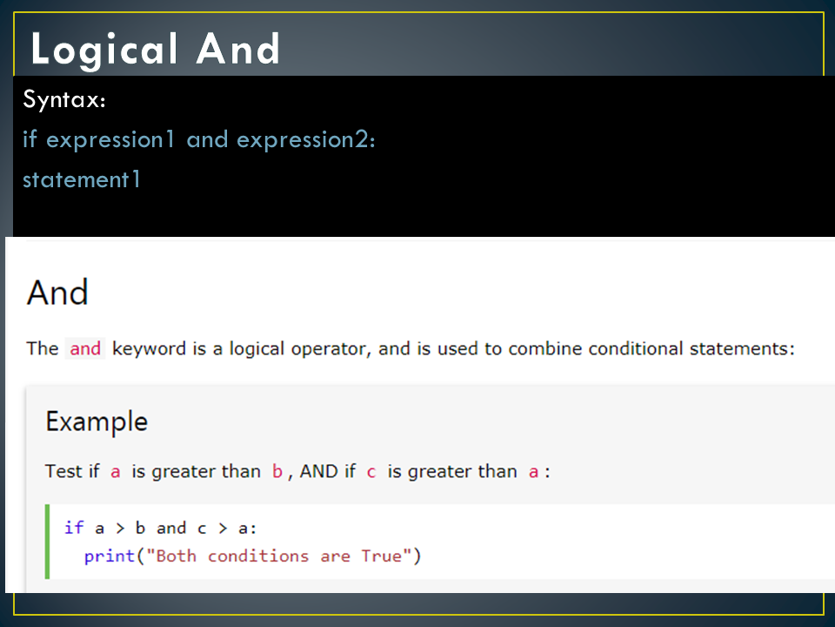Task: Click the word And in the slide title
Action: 238,50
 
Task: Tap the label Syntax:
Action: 64,100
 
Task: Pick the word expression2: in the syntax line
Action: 306,139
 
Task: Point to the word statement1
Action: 82,179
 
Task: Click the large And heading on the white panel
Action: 57,293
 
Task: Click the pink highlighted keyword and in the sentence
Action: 85,349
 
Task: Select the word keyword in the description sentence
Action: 149,349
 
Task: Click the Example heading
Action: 97,422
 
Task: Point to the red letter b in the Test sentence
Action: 277,472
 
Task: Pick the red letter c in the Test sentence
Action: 371,472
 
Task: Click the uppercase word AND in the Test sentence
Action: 319,472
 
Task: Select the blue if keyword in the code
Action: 74,528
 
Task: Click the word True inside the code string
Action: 382,556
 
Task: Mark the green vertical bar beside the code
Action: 49,541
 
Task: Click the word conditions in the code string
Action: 258,556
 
